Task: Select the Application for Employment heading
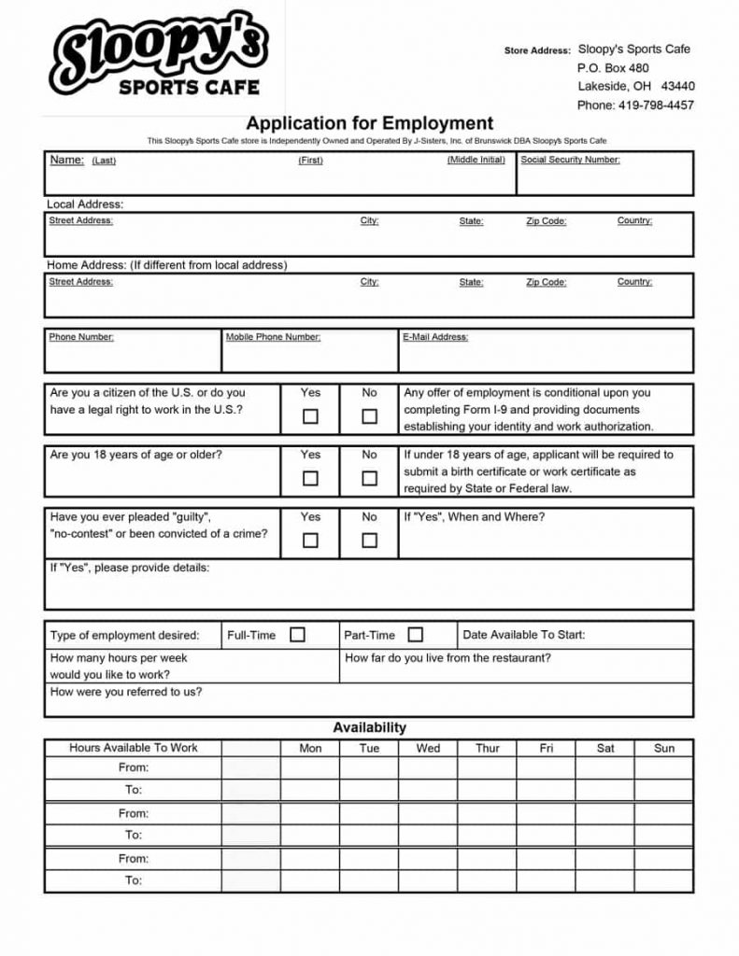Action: point(369,123)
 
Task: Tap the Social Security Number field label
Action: point(570,160)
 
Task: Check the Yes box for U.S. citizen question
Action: point(310,416)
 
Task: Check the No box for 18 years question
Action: point(370,478)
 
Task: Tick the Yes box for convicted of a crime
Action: point(310,540)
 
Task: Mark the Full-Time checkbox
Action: point(297,635)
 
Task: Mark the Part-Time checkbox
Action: point(415,635)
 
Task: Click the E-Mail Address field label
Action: point(435,337)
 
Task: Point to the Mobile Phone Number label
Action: point(273,337)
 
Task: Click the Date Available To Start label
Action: point(524,635)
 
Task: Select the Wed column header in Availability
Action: point(428,748)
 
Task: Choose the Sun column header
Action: point(664,748)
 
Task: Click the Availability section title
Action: point(369,727)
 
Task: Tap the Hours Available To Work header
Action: point(134,748)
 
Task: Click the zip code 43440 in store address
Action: point(677,87)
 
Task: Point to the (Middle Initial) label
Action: point(476,160)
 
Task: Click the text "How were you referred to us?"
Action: point(126,692)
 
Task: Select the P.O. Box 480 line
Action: point(613,68)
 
